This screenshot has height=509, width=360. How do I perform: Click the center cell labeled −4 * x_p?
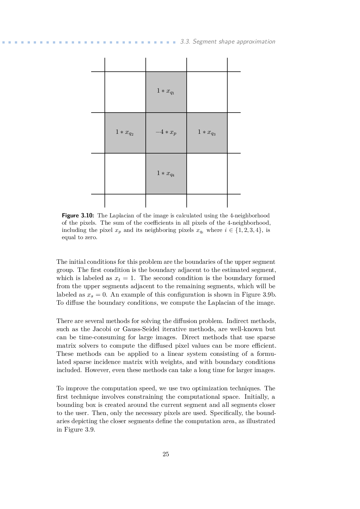(166, 133)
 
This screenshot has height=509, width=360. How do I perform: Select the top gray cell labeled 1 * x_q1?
(166, 92)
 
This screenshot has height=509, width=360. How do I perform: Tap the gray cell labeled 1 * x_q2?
(125, 133)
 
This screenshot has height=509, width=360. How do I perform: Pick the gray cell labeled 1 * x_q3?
(207, 133)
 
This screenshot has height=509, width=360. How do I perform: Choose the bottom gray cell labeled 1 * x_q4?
(166, 174)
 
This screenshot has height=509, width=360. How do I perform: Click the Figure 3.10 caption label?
(78, 216)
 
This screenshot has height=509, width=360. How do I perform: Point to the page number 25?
(166, 454)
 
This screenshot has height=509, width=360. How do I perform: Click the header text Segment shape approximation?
(234, 41)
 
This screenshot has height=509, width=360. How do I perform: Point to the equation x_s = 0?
(97, 295)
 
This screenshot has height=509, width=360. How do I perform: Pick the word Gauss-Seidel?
(141, 329)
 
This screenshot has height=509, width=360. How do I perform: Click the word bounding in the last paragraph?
(68, 405)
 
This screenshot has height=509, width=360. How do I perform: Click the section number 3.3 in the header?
(185, 41)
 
